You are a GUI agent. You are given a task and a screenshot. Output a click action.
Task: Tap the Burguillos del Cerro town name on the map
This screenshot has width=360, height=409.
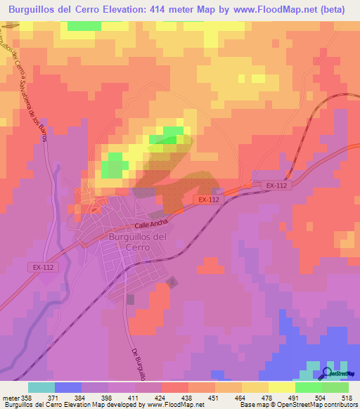pos(127,242)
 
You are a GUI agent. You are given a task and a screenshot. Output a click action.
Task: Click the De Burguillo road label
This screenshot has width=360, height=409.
pos(138,365)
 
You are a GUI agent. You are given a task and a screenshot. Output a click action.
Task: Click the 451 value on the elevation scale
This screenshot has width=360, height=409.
pos(225,398)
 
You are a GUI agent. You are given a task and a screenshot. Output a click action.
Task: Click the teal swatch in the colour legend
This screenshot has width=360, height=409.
pos(41,387)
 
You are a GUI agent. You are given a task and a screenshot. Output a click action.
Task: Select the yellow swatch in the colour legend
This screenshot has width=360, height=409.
pos(281,387)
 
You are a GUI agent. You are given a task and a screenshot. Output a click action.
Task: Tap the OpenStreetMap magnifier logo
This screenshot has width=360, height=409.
pos(328,373)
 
